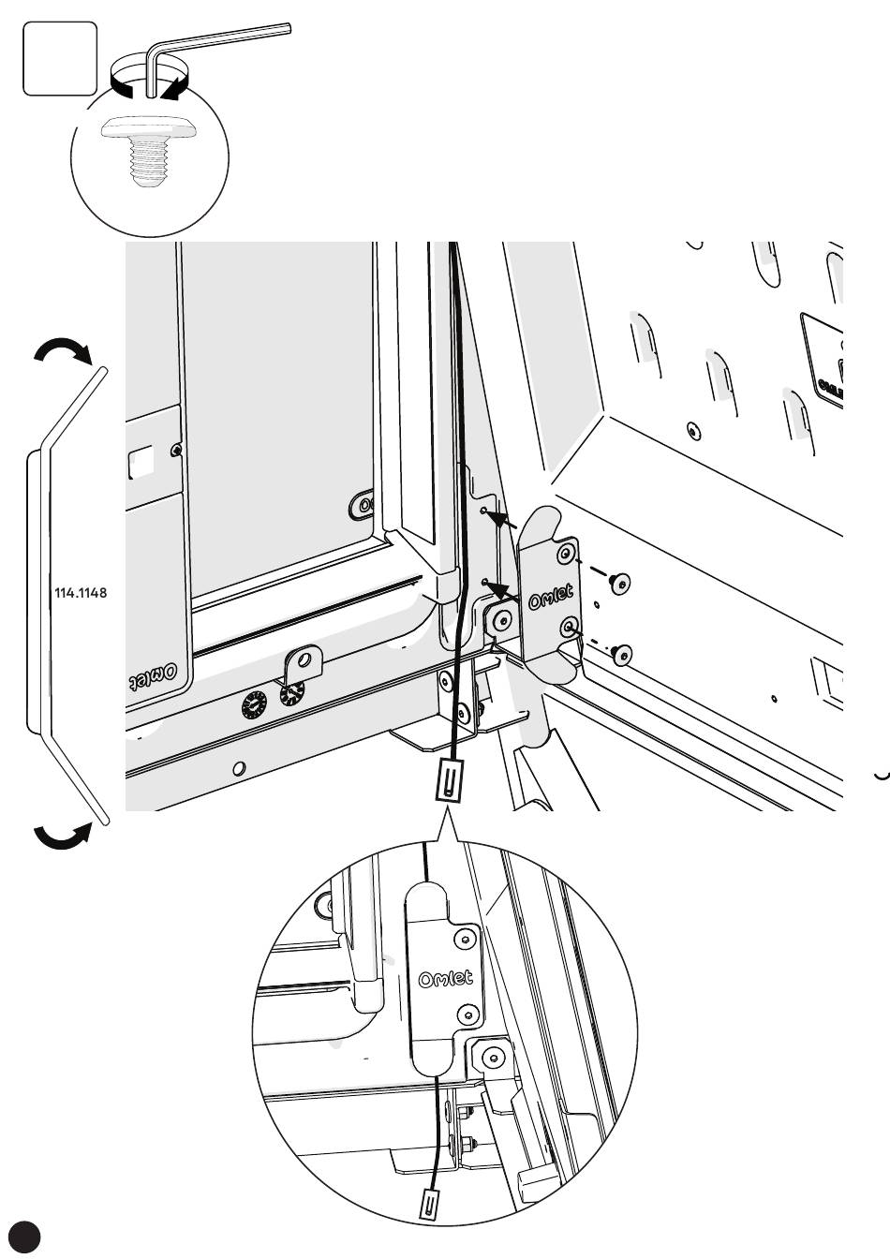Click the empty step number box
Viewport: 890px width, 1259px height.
pyautogui.click(x=60, y=58)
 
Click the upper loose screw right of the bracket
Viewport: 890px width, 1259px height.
pyautogui.click(x=619, y=584)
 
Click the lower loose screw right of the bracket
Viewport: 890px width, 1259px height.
pyautogui.click(x=619, y=653)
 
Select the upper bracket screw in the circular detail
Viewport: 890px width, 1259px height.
pyautogui.click(x=462, y=939)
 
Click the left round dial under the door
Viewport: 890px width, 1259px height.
pyautogui.click(x=256, y=704)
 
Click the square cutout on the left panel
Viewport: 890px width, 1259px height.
pyautogui.click(x=141, y=461)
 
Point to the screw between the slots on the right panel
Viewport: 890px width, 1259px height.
pyautogui.click(x=692, y=430)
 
